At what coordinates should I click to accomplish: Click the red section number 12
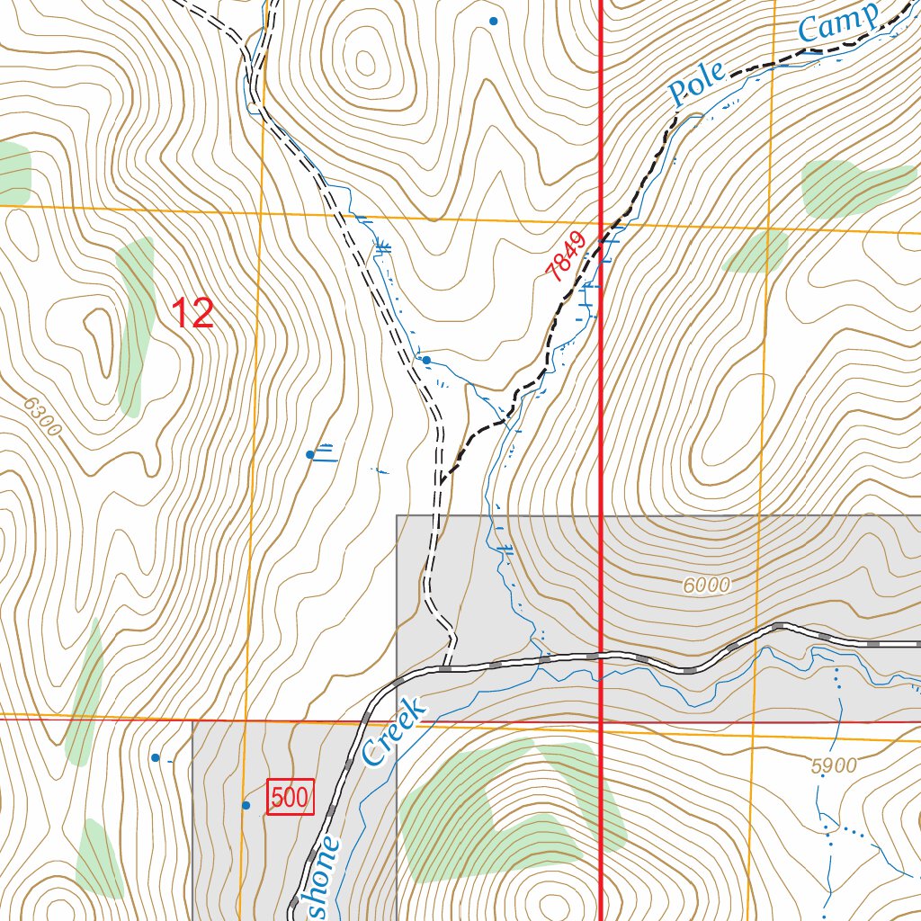pyautogui.click(x=192, y=313)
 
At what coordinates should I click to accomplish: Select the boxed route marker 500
pyautogui.click(x=291, y=797)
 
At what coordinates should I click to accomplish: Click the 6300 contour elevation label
pyautogui.click(x=43, y=420)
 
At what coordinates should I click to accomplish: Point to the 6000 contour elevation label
pyautogui.click(x=706, y=586)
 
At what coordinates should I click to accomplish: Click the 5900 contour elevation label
pyautogui.click(x=833, y=766)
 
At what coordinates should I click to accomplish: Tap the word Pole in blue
pyautogui.click(x=695, y=87)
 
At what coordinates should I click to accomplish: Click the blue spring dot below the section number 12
pyautogui.click(x=310, y=454)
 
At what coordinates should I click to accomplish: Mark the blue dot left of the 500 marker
pyautogui.click(x=246, y=805)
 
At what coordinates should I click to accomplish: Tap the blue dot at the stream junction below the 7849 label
pyautogui.click(x=426, y=360)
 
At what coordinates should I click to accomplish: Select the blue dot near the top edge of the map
pyautogui.click(x=493, y=21)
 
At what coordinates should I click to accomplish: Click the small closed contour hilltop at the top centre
pyautogui.click(x=365, y=62)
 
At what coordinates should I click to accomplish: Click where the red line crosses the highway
pyautogui.click(x=600, y=655)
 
